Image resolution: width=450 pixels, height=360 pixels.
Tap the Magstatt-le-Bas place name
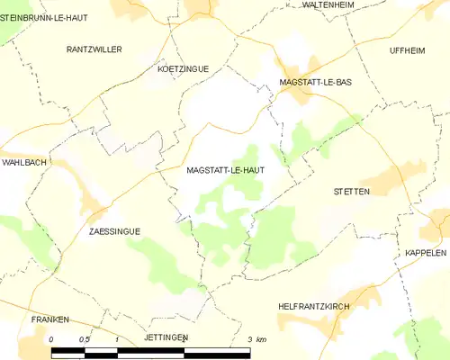click(x=315, y=82)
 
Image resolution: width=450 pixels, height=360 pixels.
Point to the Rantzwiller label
click(x=94, y=49)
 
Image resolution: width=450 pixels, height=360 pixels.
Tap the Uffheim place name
click(x=407, y=49)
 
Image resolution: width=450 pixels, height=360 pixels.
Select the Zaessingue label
click(x=114, y=231)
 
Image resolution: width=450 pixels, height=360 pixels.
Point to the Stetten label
click(x=352, y=192)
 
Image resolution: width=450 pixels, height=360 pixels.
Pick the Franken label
click(x=49, y=319)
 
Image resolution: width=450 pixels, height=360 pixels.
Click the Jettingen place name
click(x=165, y=337)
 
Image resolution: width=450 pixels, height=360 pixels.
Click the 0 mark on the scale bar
click(x=52, y=339)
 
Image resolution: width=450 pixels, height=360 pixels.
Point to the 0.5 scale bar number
click(x=84, y=339)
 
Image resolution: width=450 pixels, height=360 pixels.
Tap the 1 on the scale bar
click(x=118, y=339)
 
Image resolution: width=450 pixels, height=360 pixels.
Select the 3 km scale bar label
click(x=256, y=339)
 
